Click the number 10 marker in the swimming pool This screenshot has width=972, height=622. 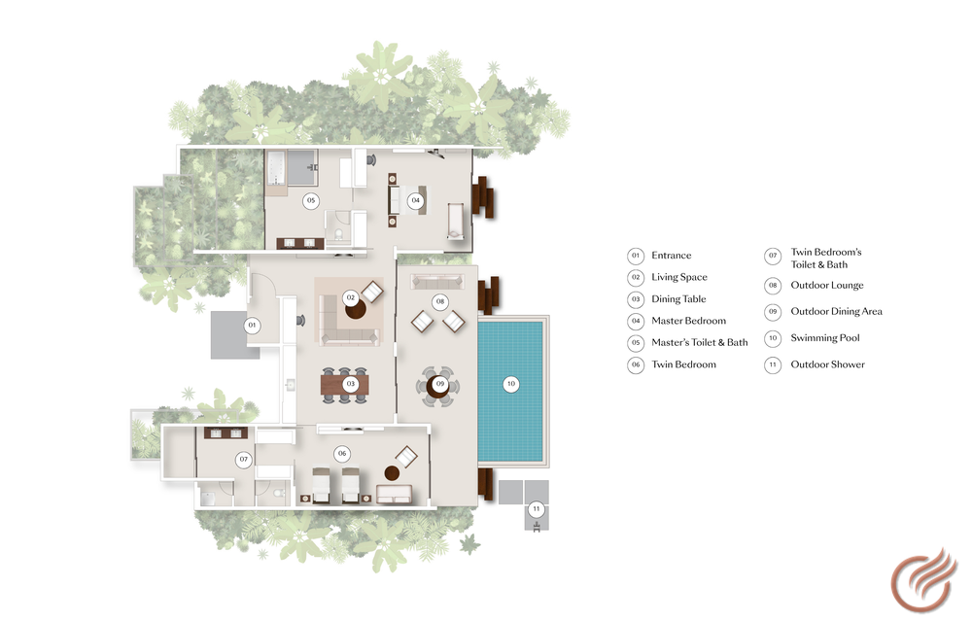click(x=511, y=384)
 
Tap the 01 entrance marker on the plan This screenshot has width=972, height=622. click(x=252, y=326)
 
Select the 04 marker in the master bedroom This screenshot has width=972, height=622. click(x=415, y=200)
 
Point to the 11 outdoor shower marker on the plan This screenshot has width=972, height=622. click(x=537, y=509)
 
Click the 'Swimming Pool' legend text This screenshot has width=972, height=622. click(x=825, y=337)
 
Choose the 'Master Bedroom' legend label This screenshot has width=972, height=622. click(x=689, y=321)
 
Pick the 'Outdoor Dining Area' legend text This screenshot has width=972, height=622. click(x=836, y=311)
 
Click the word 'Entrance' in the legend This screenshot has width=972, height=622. click(x=672, y=256)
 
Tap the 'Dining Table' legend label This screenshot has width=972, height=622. click(x=678, y=298)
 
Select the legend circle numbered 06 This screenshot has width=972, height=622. click(x=636, y=364)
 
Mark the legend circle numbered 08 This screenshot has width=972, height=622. click(x=773, y=286)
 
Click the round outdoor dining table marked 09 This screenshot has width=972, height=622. click(x=437, y=387)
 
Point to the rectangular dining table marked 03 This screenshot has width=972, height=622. click(x=345, y=384)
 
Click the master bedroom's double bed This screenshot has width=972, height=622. click(x=408, y=200)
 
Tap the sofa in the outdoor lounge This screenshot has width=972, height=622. click(x=437, y=281)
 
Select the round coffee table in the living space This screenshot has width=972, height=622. click(x=355, y=308)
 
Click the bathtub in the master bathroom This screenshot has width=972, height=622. click(x=276, y=167)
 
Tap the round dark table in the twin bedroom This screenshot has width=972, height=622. click(x=392, y=473)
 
